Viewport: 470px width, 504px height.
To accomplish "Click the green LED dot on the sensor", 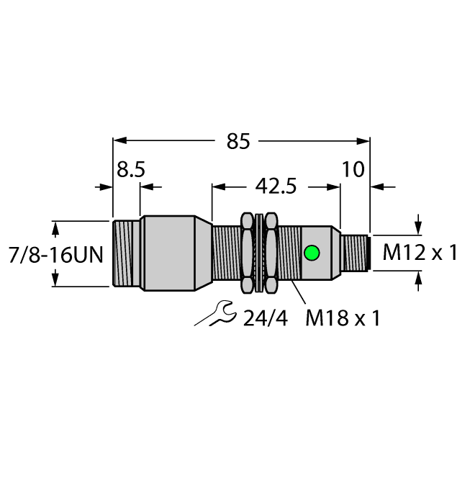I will tap(312, 253).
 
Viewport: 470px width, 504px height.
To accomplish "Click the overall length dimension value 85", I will tap(238, 142).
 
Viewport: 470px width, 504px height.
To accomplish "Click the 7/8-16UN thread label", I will tap(55, 254).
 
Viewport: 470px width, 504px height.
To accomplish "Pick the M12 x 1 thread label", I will tap(420, 253).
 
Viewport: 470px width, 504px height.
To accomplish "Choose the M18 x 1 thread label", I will tap(341, 318).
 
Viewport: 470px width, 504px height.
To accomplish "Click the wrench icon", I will tap(213, 313).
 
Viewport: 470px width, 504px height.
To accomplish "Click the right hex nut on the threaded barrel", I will tap(271, 253).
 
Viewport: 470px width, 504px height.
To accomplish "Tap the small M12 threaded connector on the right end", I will tap(356, 253).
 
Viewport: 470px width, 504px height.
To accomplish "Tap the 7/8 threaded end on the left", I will tap(126, 253).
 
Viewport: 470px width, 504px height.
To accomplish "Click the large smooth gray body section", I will tap(168, 253).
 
